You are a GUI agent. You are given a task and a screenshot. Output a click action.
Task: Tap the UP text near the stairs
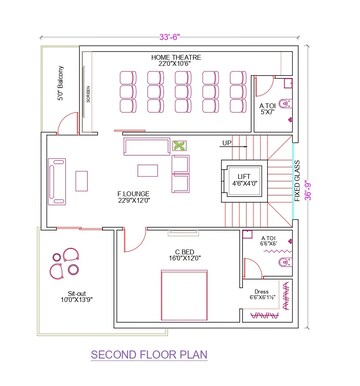tap(228, 143)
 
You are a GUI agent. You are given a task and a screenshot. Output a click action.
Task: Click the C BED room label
tap(183, 252)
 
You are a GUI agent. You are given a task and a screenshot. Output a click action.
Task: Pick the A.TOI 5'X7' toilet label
tap(268, 106)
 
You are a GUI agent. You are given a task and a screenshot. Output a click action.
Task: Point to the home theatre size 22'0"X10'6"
tap(175, 65)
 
